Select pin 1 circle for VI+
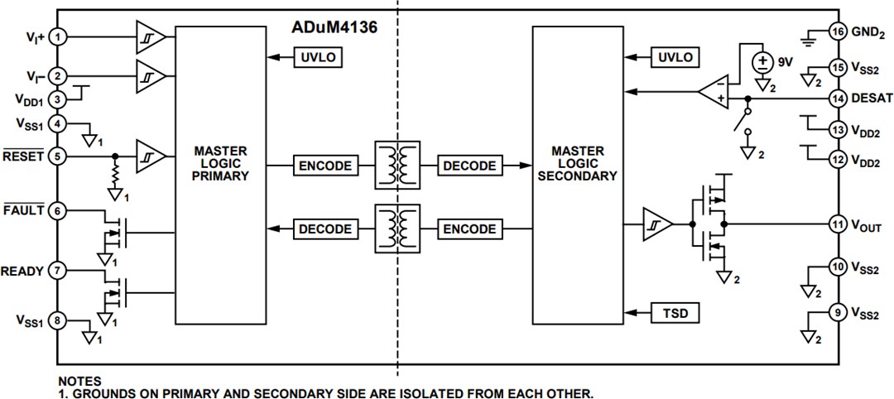tap(58, 36)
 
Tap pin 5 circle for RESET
tap(58, 156)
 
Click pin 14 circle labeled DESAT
tap(836, 98)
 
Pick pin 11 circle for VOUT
tap(836, 224)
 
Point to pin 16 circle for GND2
tap(836, 31)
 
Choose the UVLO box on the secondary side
tap(675, 57)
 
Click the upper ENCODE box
tap(324, 166)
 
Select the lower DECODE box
tap(324, 229)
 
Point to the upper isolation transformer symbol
tap(397, 166)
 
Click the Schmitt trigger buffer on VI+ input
tap(151, 36)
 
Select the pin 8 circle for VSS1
tap(58, 321)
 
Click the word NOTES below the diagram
tap(80, 381)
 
